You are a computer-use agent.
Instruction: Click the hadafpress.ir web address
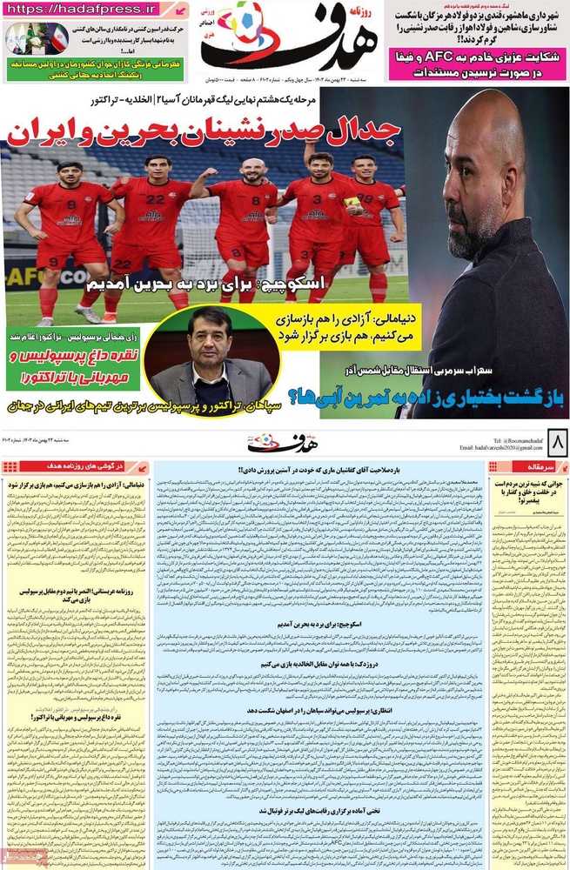tap(84, 9)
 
